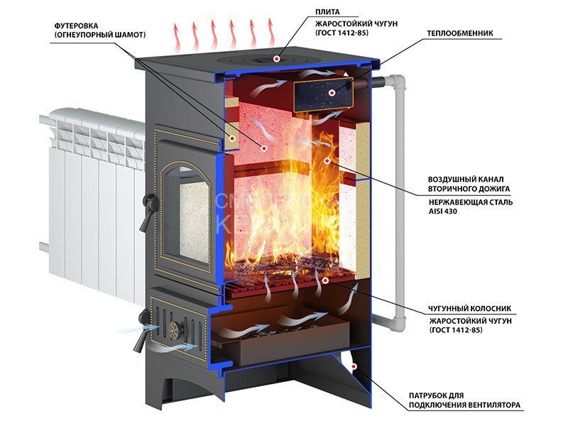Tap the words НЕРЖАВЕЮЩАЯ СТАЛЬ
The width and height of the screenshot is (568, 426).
point(471,202)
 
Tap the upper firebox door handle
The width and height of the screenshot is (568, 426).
point(146,212)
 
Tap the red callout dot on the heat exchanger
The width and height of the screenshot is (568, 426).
point(332,92)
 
